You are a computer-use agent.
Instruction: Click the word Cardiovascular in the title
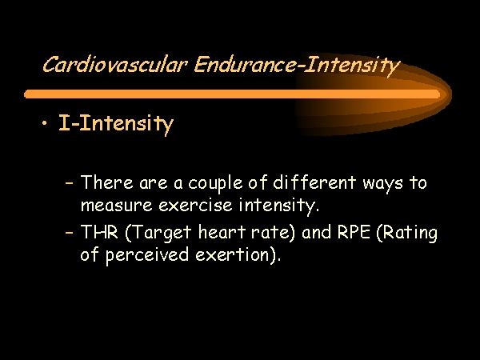point(114,65)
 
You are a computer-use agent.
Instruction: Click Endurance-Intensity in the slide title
point(297,66)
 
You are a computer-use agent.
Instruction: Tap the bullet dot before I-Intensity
point(45,123)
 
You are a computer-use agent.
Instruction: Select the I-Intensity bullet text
point(116,124)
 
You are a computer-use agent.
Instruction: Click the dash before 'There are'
point(70,183)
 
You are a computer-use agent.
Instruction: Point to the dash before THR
point(70,232)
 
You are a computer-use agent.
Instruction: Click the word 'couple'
point(215,184)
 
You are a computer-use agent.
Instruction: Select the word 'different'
point(314,182)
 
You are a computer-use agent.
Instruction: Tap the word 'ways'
point(382,184)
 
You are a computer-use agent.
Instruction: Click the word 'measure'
point(116,205)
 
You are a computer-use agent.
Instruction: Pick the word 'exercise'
point(195,205)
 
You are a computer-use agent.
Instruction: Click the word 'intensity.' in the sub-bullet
point(279,206)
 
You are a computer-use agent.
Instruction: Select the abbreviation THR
point(99,231)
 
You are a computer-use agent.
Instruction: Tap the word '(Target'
point(158,234)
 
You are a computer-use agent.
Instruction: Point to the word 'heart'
point(222,231)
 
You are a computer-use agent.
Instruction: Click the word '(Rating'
point(407,234)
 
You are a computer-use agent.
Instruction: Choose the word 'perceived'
point(147,254)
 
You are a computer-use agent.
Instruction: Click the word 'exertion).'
point(238,254)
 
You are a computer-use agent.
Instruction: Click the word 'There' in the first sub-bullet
point(107,182)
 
